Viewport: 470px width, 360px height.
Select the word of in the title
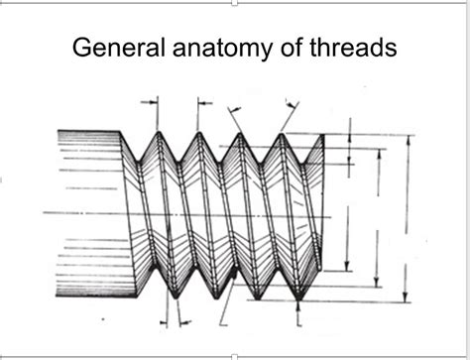pos(294,49)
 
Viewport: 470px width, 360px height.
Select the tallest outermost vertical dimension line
pos(407,218)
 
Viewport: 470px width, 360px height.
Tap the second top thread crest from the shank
pos(199,133)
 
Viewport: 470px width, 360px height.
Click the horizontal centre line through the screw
pos(198,213)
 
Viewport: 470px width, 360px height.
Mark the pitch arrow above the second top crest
pos(203,100)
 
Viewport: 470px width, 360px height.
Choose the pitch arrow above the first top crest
pos(151,100)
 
